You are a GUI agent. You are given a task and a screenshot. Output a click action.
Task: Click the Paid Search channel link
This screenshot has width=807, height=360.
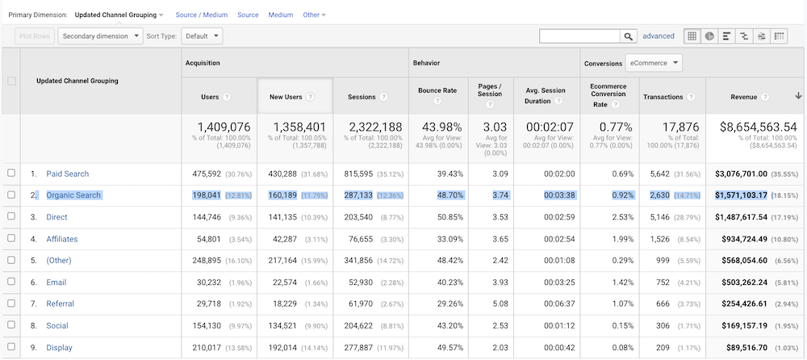point(68,174)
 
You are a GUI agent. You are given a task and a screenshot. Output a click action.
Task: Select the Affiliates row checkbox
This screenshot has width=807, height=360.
point(10,239)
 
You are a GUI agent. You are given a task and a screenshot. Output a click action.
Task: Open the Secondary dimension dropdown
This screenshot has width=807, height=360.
point(100,36)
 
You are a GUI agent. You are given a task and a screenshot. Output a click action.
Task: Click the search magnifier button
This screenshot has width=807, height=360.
point(628,36)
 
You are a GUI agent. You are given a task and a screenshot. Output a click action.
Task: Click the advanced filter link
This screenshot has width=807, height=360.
point(658,36)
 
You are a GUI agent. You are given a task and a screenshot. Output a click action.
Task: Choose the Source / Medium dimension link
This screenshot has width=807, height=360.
point(201,15)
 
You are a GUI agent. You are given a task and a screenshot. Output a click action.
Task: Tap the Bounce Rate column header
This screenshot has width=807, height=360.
point(437,90)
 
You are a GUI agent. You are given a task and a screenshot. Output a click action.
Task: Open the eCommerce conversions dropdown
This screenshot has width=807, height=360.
point(654,63)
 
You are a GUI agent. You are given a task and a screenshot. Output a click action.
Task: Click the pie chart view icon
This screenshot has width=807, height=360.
point(709,36)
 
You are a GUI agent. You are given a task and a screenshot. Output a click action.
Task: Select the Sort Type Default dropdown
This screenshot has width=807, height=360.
point(202,36)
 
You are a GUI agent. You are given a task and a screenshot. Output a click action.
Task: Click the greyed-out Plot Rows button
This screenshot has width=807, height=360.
point(34,36)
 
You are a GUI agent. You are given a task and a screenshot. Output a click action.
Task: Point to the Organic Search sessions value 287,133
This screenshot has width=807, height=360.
point(358,195)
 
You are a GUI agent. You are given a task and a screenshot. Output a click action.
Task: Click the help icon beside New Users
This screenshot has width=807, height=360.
point(310,97)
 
